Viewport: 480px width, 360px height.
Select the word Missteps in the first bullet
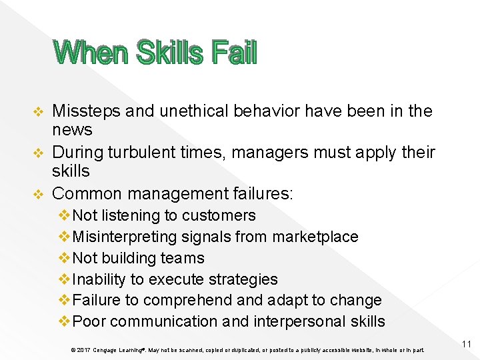(86, 111)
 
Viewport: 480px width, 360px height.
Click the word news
(72, 129)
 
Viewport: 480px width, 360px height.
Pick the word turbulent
(147, 153)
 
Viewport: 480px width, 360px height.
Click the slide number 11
(467, 344)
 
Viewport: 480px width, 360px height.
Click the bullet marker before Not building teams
(65, 258)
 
